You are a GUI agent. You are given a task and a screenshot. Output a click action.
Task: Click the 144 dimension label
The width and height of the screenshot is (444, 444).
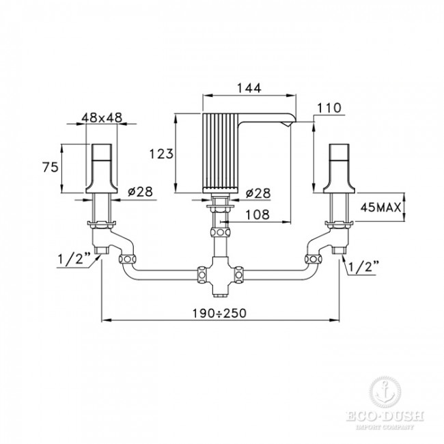coord(249,88)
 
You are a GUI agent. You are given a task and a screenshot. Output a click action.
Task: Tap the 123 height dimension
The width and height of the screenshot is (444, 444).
coord(161,154)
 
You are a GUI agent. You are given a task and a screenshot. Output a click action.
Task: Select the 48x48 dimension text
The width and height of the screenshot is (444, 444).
coord(102,117)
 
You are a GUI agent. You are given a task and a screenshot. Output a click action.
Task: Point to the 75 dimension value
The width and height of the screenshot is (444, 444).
coord(51,167)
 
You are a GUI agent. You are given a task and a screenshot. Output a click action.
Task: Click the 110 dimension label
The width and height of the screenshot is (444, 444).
coord(329,108)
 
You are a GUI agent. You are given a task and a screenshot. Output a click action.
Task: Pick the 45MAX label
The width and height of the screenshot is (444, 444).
coord(381,208)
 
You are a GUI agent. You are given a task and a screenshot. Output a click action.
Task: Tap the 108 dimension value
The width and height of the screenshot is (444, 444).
coord(257,214)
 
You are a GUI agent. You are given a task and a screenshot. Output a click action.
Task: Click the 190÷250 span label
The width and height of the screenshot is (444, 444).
coord(219,313)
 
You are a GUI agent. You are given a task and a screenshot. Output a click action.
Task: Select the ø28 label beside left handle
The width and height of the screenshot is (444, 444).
coord(140,192)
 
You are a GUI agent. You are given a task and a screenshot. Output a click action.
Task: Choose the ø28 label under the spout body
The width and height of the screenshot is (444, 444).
coord(258,193)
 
